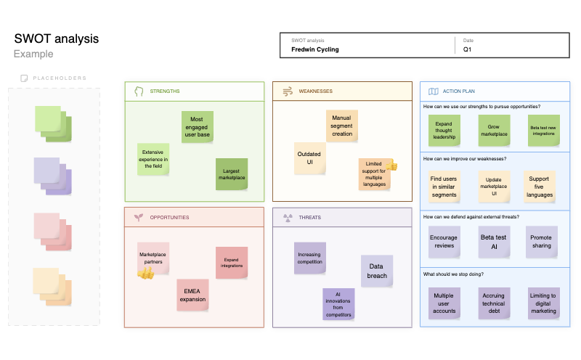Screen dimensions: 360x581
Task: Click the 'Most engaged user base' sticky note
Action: (197, 127)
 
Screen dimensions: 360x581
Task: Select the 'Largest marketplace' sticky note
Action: (232, 174)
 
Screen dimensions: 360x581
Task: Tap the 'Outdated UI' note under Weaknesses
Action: (309, 158)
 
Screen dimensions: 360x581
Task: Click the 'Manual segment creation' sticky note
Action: (341, 126)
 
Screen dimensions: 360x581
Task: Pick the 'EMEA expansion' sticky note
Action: (193, 295)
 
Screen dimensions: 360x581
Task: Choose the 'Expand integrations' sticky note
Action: (232, 262)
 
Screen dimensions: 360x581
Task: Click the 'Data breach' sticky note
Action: (376, 270)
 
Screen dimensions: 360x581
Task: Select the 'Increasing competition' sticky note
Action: (309, 258)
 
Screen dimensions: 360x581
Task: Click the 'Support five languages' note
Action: (539, 186)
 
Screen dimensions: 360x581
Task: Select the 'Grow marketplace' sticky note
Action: (493, 131)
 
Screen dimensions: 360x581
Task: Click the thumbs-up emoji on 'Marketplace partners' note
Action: (145, 274)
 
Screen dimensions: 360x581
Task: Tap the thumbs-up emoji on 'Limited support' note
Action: (391, 166)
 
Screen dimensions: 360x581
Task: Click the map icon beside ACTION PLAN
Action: (433, 91)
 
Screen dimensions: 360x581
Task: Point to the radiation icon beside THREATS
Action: (286, 217)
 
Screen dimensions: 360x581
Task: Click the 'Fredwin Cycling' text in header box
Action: (315, 50)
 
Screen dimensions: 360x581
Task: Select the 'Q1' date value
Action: (467, 50)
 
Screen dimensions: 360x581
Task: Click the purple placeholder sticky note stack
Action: (52, 176)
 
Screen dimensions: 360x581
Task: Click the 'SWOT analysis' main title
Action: (56, 39)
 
